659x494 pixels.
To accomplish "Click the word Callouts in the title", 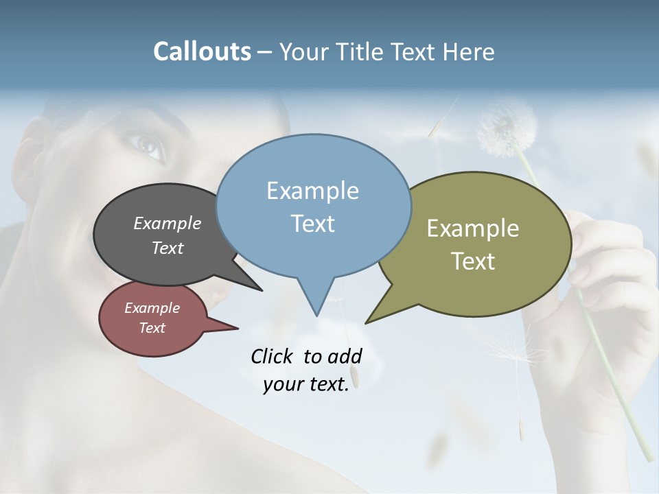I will (x=203, y=51).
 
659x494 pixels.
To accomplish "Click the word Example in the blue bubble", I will (x=312, y=191).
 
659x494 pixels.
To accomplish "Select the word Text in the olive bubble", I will (x=473, y=261).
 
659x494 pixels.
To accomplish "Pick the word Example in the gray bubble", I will (x=167, y=223).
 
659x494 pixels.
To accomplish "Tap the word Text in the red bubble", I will (x=152, y=328).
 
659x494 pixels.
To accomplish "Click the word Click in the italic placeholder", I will (x=273, y=356).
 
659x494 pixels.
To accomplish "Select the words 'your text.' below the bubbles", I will (x=306, y=384).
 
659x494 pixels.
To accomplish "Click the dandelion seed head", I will (x=507, y=128).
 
